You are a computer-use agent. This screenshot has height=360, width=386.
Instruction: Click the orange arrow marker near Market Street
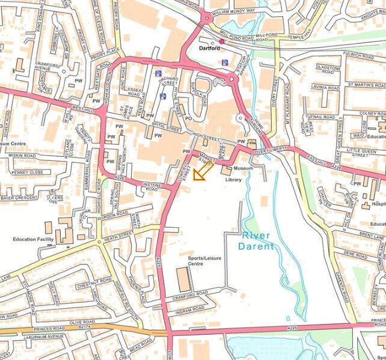point(203,171)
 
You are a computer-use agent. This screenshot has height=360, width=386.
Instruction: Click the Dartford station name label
point(209,49)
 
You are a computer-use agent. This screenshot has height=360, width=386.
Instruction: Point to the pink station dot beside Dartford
point(222,41)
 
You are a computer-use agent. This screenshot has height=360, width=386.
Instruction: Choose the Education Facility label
point(34,239)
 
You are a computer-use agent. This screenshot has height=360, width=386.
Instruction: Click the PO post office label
point(188,118)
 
